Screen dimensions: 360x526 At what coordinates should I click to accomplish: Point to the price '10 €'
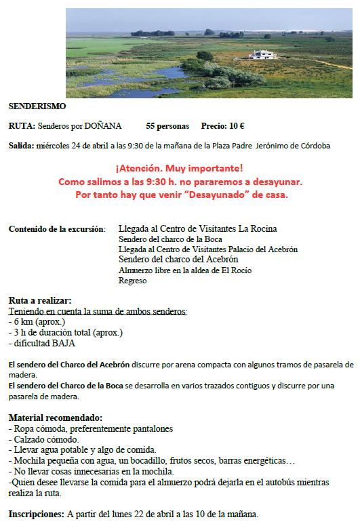pyautogui.click(x=237, y=126)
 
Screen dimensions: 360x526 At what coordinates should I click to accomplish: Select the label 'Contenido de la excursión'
pyautogui.click(x=56, y=229)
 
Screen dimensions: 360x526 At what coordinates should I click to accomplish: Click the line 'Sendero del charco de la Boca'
pyautogui.click(x=165, y=239)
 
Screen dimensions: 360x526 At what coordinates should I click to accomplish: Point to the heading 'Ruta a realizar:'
pyautogui.click(x=39, y=301)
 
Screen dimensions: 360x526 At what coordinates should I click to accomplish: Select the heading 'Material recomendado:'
pyautogui.click(x=55, y=417)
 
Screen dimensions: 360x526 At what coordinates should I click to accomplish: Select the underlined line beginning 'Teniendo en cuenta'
pyautogui.click(x=98, y=311)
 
